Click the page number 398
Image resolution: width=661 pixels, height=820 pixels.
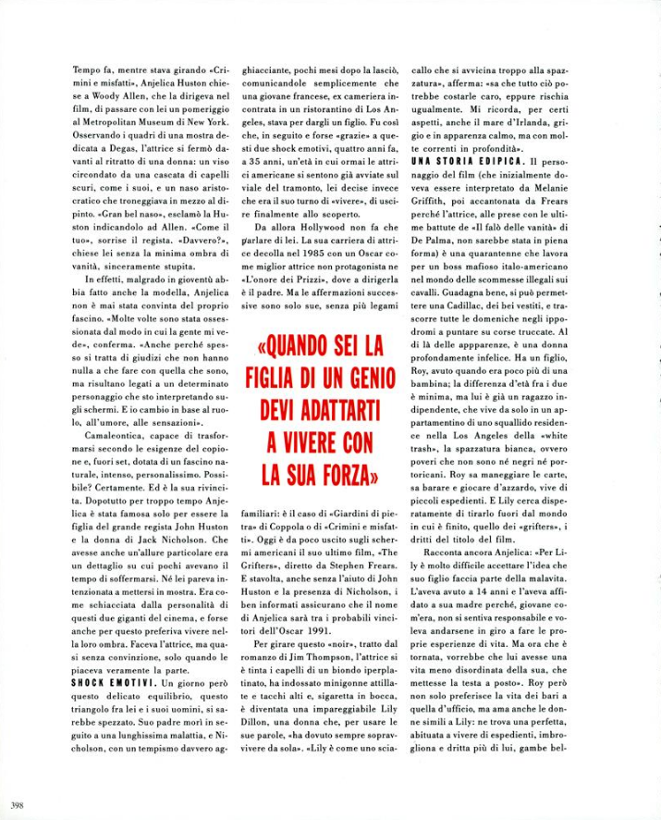13,803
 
